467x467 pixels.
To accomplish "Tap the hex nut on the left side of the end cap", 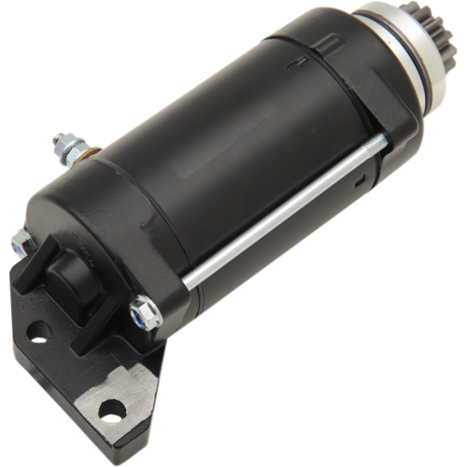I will [22, 244].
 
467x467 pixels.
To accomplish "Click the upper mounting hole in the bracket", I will [38, 330].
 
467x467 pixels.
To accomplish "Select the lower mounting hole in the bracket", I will [111, 408].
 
